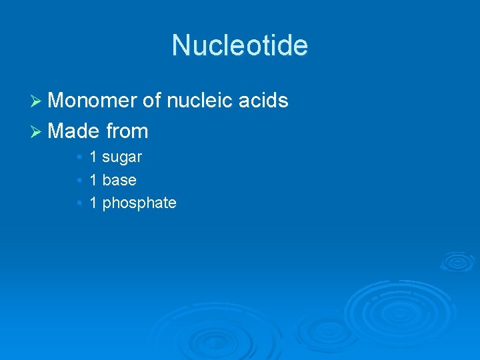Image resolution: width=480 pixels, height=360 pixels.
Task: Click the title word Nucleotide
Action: tap(240, 45)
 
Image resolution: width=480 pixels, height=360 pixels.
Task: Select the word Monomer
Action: tap(93, 101)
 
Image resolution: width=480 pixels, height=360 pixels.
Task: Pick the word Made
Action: tap(75, 131)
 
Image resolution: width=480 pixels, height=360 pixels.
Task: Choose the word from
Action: tap(127, 131)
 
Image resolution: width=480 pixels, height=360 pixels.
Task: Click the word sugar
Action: tap(122, 158)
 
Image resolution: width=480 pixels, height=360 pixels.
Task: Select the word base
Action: tap(119, 180)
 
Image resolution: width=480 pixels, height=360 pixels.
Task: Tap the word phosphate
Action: tap(139, 203)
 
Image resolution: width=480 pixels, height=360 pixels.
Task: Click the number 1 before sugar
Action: tap(93, 157)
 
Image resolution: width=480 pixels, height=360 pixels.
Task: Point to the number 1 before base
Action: tap(93, 180)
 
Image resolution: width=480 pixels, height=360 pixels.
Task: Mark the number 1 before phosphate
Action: tap(93, 203)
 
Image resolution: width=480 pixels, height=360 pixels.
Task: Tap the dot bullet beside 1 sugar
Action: tap(79, 158)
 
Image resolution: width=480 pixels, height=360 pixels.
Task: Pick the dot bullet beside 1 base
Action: tap(79, 180)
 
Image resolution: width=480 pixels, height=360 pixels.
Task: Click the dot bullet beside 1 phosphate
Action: tap(79, 203)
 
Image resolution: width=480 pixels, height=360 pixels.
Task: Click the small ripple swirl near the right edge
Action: tap(457, 261)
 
